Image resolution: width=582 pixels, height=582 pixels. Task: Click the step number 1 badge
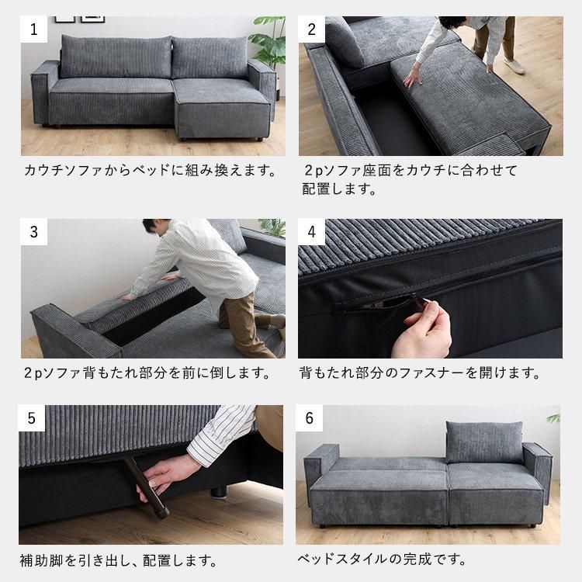[34, 30]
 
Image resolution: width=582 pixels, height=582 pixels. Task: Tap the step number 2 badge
[312, 30]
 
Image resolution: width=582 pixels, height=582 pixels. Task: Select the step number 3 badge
[34, 232]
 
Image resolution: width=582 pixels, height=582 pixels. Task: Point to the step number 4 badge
[312, 232]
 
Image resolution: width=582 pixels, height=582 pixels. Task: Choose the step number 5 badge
[34, 418]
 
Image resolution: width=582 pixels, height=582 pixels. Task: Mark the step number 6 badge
[312, 418]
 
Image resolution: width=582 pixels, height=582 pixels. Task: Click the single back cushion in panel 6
[483, 442]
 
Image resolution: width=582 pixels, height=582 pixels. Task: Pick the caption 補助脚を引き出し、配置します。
[118, 559]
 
